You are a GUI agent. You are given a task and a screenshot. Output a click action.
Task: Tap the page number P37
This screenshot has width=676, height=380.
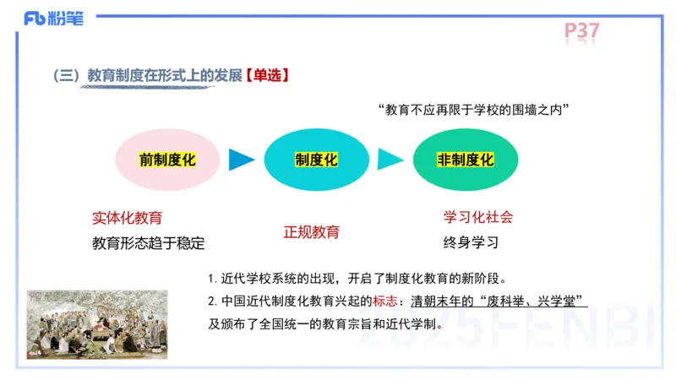(x=582, y=31)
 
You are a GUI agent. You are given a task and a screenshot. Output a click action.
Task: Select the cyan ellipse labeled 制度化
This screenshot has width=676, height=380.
(x=316, y=160)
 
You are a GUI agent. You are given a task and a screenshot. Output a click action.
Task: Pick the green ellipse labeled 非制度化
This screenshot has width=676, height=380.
(x=465, y=160)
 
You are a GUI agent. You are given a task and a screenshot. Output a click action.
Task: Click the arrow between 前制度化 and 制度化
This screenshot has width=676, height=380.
(x=242, y=160)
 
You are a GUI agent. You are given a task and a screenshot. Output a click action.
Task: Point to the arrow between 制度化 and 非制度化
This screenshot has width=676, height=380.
(x=390, y=160)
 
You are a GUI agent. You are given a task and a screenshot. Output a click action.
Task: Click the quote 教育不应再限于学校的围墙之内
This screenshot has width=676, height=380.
(x=474, y=110)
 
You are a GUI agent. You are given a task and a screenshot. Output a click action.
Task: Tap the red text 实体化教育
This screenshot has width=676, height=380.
(x=128, y=218)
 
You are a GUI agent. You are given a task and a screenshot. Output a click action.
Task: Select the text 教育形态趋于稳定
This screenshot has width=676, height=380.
(x=149, y=243)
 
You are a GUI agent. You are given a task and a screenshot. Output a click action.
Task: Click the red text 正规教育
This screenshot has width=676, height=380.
(x=312, y=231)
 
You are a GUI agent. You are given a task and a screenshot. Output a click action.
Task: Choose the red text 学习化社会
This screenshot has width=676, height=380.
(x=478, y=217)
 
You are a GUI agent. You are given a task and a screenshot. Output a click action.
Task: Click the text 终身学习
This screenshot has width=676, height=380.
(x=471, y=242)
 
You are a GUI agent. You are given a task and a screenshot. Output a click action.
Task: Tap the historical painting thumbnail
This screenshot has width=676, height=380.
(x=97, y=324)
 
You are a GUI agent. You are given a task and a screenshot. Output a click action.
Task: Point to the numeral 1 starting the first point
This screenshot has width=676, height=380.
(x=211, y=279)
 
